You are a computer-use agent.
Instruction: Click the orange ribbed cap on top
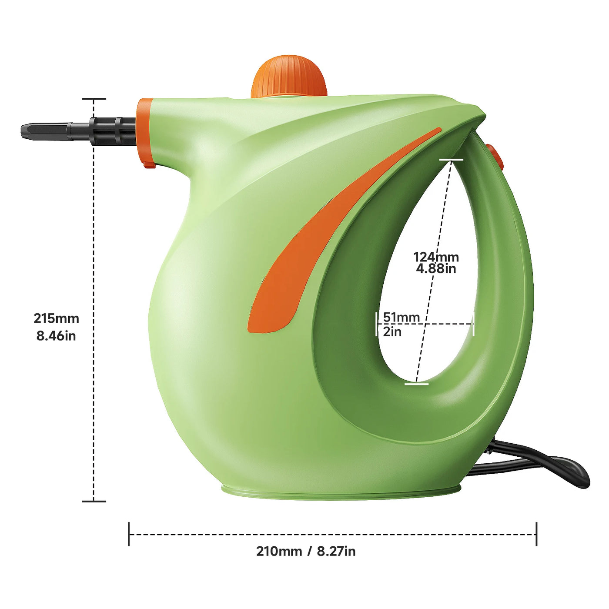pos(289,76)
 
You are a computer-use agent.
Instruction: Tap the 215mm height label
pos(57,318)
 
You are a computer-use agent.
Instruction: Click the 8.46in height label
pos(56,336)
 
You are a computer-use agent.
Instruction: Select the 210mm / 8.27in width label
pos(306,551)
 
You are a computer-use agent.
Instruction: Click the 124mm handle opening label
pos(436,258)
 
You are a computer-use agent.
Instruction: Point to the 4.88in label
pos(436,268)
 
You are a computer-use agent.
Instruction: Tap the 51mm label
pos(402,317)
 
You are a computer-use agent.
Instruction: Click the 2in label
pos(392,332)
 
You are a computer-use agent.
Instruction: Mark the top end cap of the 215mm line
pos(94,99)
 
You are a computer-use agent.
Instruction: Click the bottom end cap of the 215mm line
pos(94,501)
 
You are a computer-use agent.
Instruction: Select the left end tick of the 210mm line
pos(129,534)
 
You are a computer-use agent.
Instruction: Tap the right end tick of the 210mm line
pos(536,534)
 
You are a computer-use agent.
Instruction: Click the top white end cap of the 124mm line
pos(451,160)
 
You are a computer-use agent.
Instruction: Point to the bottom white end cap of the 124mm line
pos(417,384)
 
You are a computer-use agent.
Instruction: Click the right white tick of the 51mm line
pos(473,324)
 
